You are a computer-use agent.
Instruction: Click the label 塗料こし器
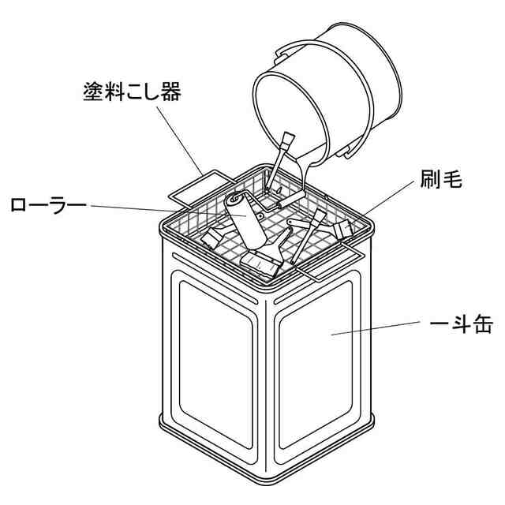click(x=132, y=92)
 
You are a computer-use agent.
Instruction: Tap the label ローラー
click(x=48, y=206)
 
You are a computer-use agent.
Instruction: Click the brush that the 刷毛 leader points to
click(x=342, y=229)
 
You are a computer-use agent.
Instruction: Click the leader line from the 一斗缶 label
click(x=379, y=328)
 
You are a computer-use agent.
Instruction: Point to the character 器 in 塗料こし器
click(x=169, y=92)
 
